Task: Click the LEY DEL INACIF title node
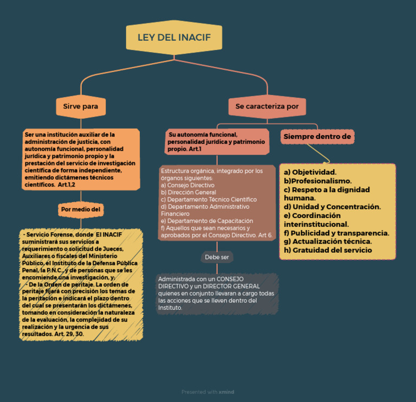(x=174, y=37)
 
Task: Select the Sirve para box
(x=81, y=106)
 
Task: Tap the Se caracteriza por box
(x=267, y=106)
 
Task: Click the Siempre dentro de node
(x=317, y=136)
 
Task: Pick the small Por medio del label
(x=81, y=209)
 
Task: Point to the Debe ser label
(x=217, y=257)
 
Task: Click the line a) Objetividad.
(x=310, y=172)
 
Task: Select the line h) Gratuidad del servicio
(x=328, y=250)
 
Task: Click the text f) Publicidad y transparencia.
(x=336, y=233)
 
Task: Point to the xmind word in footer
(x=226, y=392)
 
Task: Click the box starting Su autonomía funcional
(x=217, y=141)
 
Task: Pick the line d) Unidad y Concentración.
(x=332, y=207)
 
